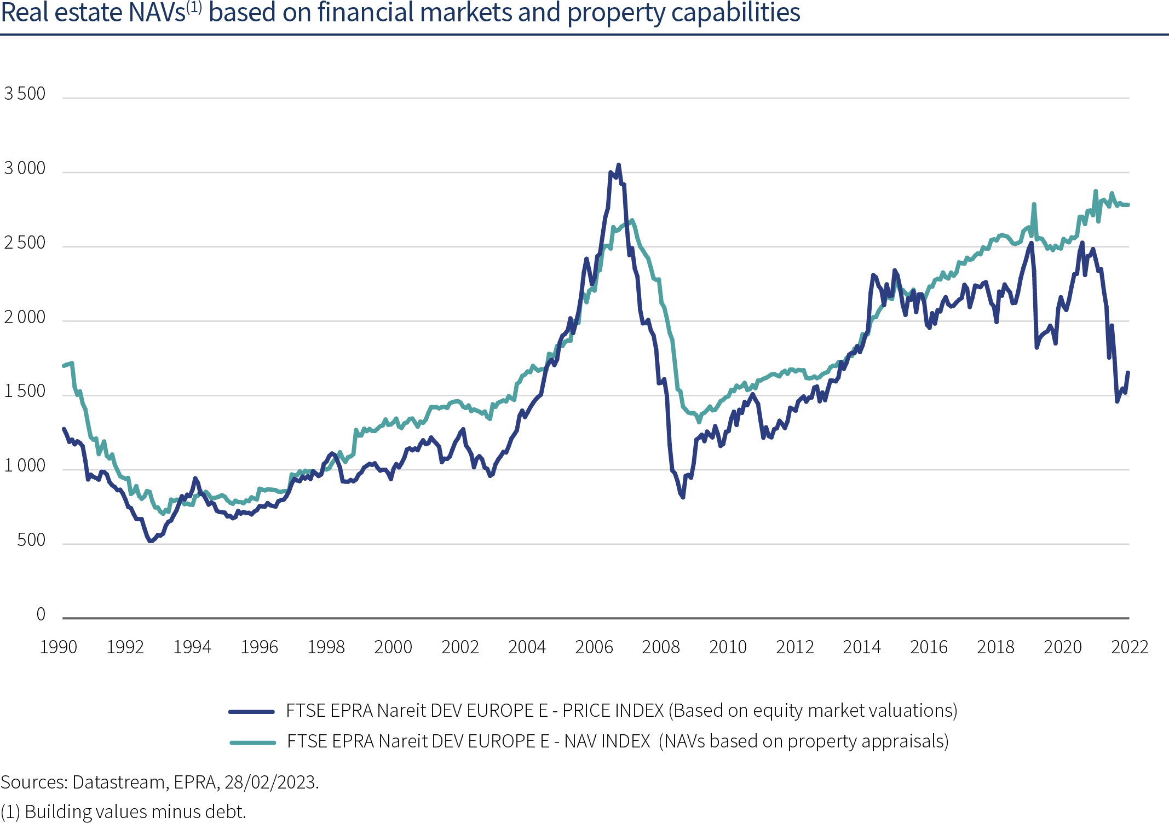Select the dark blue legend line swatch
tap(251, 712)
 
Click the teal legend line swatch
tap(252, 743)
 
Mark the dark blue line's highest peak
tap(618, 164)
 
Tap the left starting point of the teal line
tap(64, 365)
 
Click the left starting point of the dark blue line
tap(64, 428)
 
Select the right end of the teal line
tap(1128, 205)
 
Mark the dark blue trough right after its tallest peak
tap(683, 497)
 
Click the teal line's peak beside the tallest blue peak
tap(632, 220)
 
